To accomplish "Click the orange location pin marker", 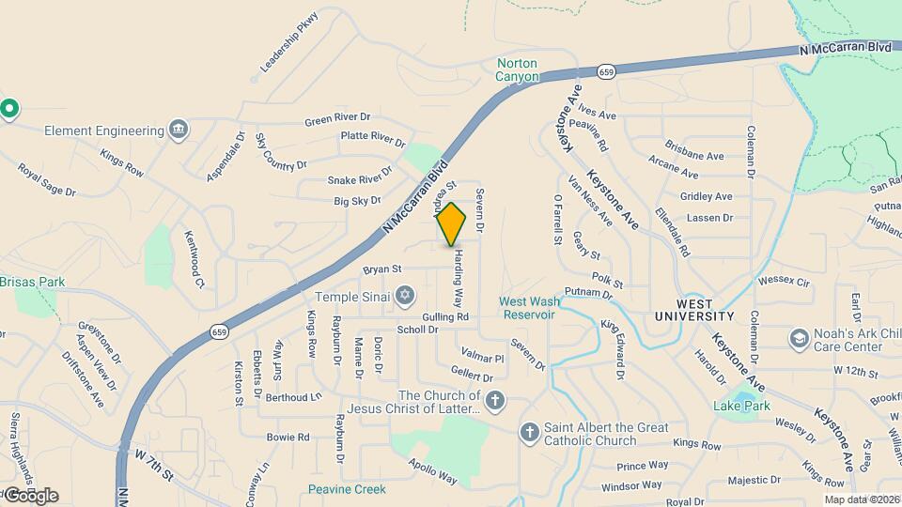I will tap(452, 223).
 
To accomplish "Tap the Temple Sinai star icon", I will tap(404, 296).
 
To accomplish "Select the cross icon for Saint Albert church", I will tap(530, 432).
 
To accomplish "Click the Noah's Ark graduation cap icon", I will tap(799, 339).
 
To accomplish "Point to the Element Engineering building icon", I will tap(179, 130).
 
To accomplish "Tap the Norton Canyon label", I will tap(518, 70).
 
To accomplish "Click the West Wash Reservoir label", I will tap(529, 308).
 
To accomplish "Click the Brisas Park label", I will tap(32, 282).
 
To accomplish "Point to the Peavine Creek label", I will tap(347, 489).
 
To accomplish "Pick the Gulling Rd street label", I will tap(445, 317).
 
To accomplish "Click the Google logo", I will tap(30, 495).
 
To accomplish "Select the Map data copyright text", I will tap(862, 499).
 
